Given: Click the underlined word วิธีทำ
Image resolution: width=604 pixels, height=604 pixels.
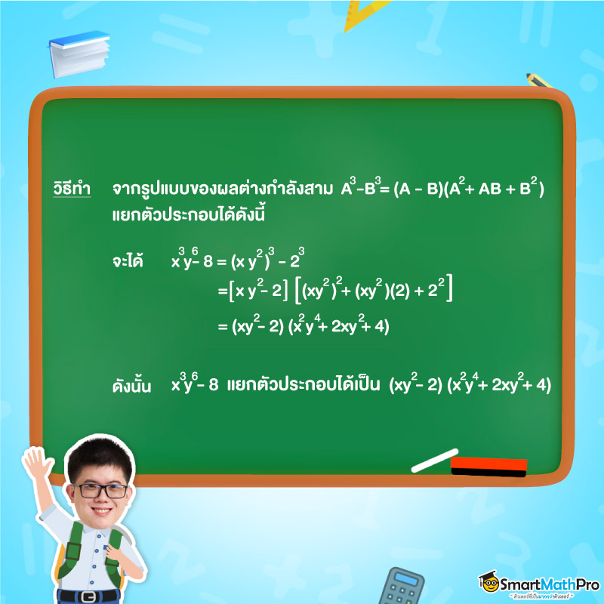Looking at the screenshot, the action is coord(72,188).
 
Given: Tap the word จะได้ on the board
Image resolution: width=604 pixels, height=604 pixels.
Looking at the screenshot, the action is coord(128,260).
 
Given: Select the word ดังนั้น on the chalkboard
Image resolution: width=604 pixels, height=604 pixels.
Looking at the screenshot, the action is coord(131,385).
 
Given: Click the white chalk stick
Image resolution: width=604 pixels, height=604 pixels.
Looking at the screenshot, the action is coord(435,461).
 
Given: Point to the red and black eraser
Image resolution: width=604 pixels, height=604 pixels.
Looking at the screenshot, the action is coord(488,467).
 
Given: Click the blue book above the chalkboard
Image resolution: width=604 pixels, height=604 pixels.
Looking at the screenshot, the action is coord(79,54).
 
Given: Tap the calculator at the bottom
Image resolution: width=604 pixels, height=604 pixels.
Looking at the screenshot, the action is coord(401,587).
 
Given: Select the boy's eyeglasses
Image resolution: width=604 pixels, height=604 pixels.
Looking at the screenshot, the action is coord(100,491).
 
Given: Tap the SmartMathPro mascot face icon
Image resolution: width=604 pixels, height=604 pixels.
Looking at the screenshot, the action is coord(489,582).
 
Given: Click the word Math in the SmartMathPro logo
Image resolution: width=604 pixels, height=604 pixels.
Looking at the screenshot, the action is coord(556,584).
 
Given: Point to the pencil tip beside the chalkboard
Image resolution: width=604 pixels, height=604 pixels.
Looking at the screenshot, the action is coord(528,75).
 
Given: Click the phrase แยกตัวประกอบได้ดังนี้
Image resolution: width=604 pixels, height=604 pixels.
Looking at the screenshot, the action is coord(188,214).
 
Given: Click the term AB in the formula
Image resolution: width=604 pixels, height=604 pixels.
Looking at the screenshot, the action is coord(490,189).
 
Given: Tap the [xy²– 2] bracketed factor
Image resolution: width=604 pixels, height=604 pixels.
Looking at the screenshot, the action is coord(258,290).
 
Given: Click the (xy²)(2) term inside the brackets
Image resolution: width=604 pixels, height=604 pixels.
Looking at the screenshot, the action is coord(383,290).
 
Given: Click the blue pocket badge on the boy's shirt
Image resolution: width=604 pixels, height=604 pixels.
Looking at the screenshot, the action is coord(106,548).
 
